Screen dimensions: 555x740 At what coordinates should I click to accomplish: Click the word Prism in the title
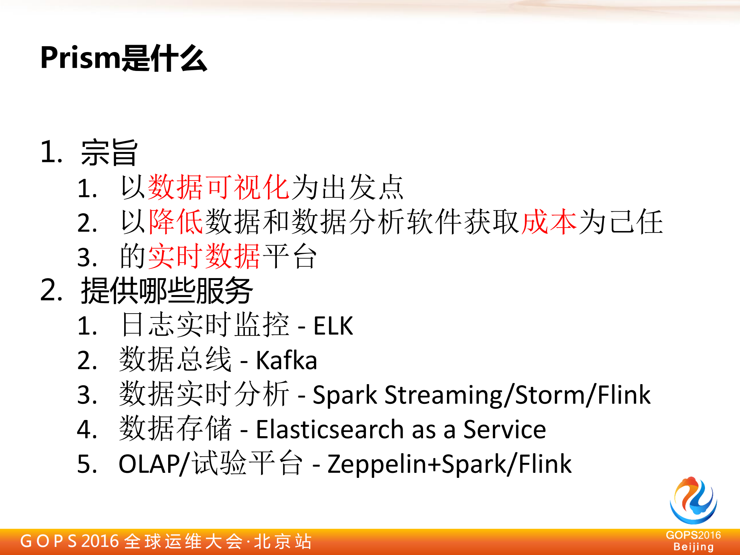tap(80, 58)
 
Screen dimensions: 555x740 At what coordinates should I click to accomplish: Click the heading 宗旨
tap(109, 152)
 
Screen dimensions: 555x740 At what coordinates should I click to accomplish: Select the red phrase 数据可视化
tap(218, 187)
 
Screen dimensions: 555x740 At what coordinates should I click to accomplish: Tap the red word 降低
tap(175, 222)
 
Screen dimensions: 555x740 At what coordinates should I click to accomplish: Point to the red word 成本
tap(549, 222)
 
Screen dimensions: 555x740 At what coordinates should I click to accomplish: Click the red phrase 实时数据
tap(204, 256)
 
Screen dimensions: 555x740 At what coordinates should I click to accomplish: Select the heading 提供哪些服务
tap(167, 291)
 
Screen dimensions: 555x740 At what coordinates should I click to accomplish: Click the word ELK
tap(333, 326)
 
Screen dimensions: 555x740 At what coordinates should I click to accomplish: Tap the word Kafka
tap(287, 361)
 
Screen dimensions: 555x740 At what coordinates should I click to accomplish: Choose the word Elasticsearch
tap(330, 429)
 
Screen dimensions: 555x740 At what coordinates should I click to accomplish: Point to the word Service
tap(504, 429)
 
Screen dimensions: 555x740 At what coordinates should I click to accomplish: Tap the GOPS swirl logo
tap(693, 500)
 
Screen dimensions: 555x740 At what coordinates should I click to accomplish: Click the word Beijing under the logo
tap(693, 547)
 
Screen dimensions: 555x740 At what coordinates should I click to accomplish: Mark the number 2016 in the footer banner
tap(100, 541)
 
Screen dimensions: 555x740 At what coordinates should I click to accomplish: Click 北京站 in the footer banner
tap(283, 541)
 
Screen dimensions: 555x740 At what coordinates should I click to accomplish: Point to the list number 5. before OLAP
tap(87, 464)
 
